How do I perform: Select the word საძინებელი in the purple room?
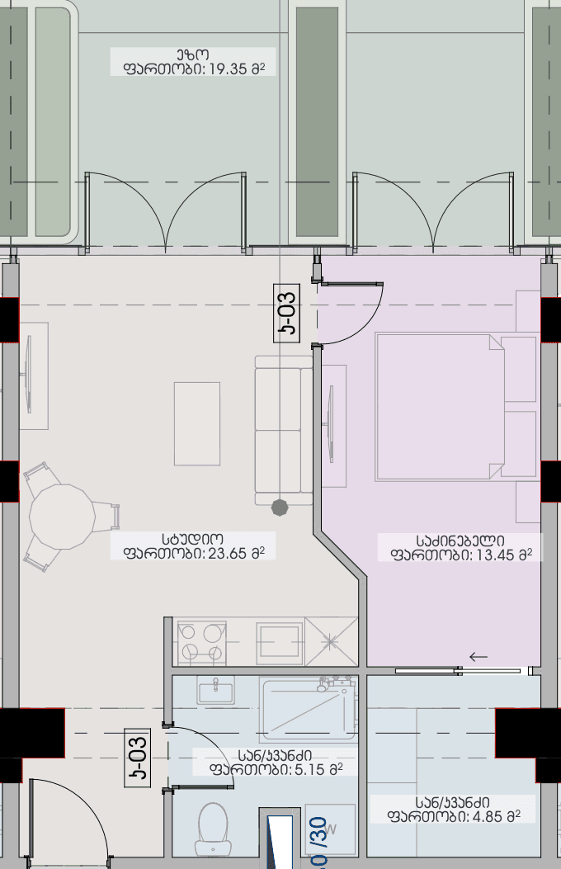click(x=459, y=540)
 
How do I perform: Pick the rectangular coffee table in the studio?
click(x=197, y=423)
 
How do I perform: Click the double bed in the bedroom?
click(x=440, y=406)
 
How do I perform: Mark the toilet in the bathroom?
click(x=213, y=828)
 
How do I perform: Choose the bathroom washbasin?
click(x=215, y=689)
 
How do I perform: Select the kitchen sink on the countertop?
click(x=279, y=643)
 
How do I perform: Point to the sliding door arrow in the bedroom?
click(x=478, y=657)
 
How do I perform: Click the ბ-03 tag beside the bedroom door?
click(x=287, y=311)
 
